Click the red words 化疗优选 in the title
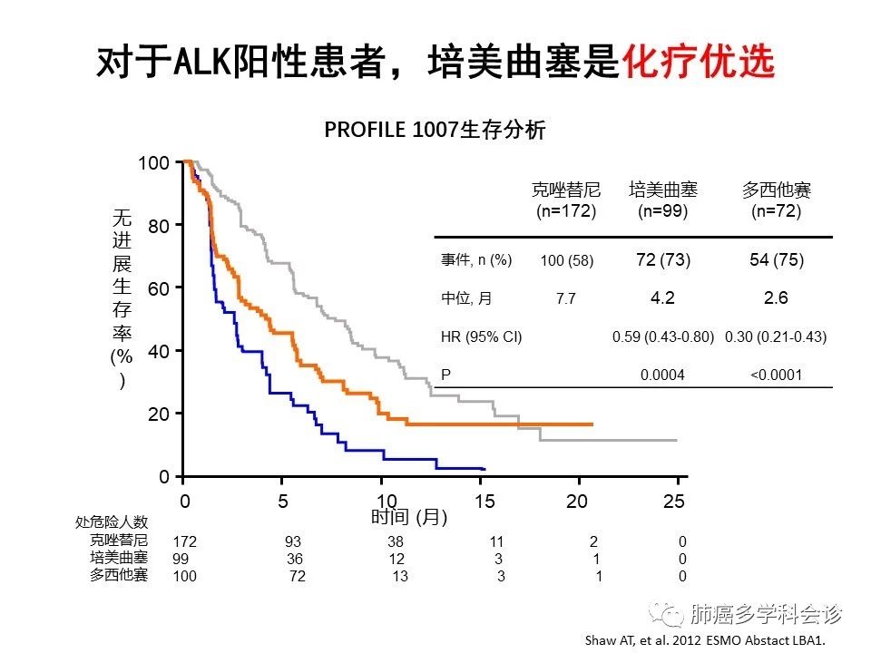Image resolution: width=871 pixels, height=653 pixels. pos(698,62)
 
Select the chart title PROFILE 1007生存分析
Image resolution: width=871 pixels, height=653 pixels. pos(435,131)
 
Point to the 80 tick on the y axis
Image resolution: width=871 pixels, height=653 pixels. pos(158,227)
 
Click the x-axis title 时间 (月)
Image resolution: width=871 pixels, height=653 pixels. pos(409,517)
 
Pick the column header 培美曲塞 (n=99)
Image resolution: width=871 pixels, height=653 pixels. pos(662,200)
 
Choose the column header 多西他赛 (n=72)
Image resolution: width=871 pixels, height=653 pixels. pos(776,200)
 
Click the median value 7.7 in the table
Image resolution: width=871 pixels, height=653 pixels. pos(566,298)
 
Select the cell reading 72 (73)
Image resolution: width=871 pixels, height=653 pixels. pos(663,260)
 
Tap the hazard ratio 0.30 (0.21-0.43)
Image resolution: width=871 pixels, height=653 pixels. pos(776,336)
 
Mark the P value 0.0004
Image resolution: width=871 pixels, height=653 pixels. pos(662,375)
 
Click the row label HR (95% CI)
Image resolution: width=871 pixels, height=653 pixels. pos(481,336)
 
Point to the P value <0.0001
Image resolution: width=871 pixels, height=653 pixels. pos(776,375)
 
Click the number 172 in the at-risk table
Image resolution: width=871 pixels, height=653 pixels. pos(184,541)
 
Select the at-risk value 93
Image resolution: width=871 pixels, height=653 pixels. pos(293,541)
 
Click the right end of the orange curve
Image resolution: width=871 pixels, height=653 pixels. pos(592,424)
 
